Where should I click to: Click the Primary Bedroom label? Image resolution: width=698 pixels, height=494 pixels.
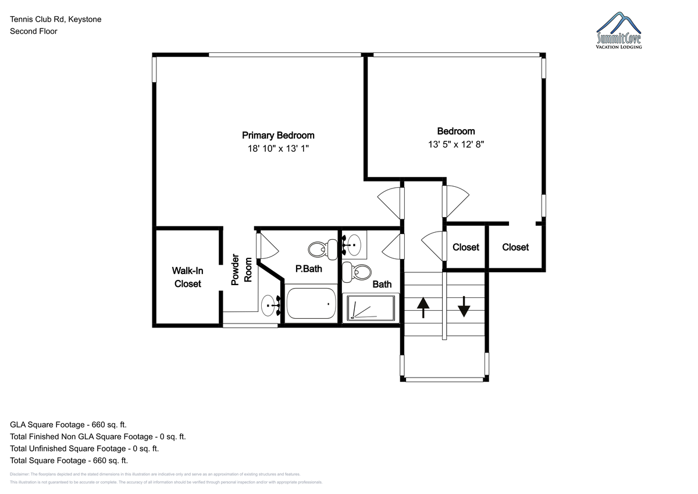(278, 135)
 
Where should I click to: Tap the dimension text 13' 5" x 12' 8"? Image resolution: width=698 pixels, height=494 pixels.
(456, 145)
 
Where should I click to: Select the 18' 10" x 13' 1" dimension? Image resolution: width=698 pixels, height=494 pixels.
(278, 149)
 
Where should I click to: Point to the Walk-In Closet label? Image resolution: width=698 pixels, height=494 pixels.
(187, 277)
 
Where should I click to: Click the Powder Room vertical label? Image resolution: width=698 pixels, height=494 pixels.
(241, 269)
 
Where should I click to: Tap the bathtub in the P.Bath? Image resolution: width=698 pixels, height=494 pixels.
(311, 304)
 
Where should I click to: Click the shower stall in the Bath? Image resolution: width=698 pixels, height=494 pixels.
(371, 308)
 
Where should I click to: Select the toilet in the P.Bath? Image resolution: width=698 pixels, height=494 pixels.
(323, 250)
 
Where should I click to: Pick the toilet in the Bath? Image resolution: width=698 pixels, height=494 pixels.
(357, 272)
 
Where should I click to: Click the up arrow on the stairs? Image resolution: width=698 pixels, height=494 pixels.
(423, 308)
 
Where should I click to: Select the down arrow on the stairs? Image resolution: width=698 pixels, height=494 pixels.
(464, 307)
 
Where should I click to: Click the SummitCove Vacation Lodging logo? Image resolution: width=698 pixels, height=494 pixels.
(618, 30)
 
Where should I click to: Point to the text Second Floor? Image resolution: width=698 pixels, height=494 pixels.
(34, 31)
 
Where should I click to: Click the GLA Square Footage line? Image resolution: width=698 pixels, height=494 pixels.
(68, 425)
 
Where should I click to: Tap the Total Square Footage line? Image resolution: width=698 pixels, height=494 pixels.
(69, 460)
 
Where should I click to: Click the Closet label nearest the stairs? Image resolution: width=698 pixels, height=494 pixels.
(465, 247)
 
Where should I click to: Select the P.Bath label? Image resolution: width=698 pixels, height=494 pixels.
(308, 269)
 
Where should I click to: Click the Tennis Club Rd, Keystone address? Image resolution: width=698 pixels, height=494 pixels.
(55, 19)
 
